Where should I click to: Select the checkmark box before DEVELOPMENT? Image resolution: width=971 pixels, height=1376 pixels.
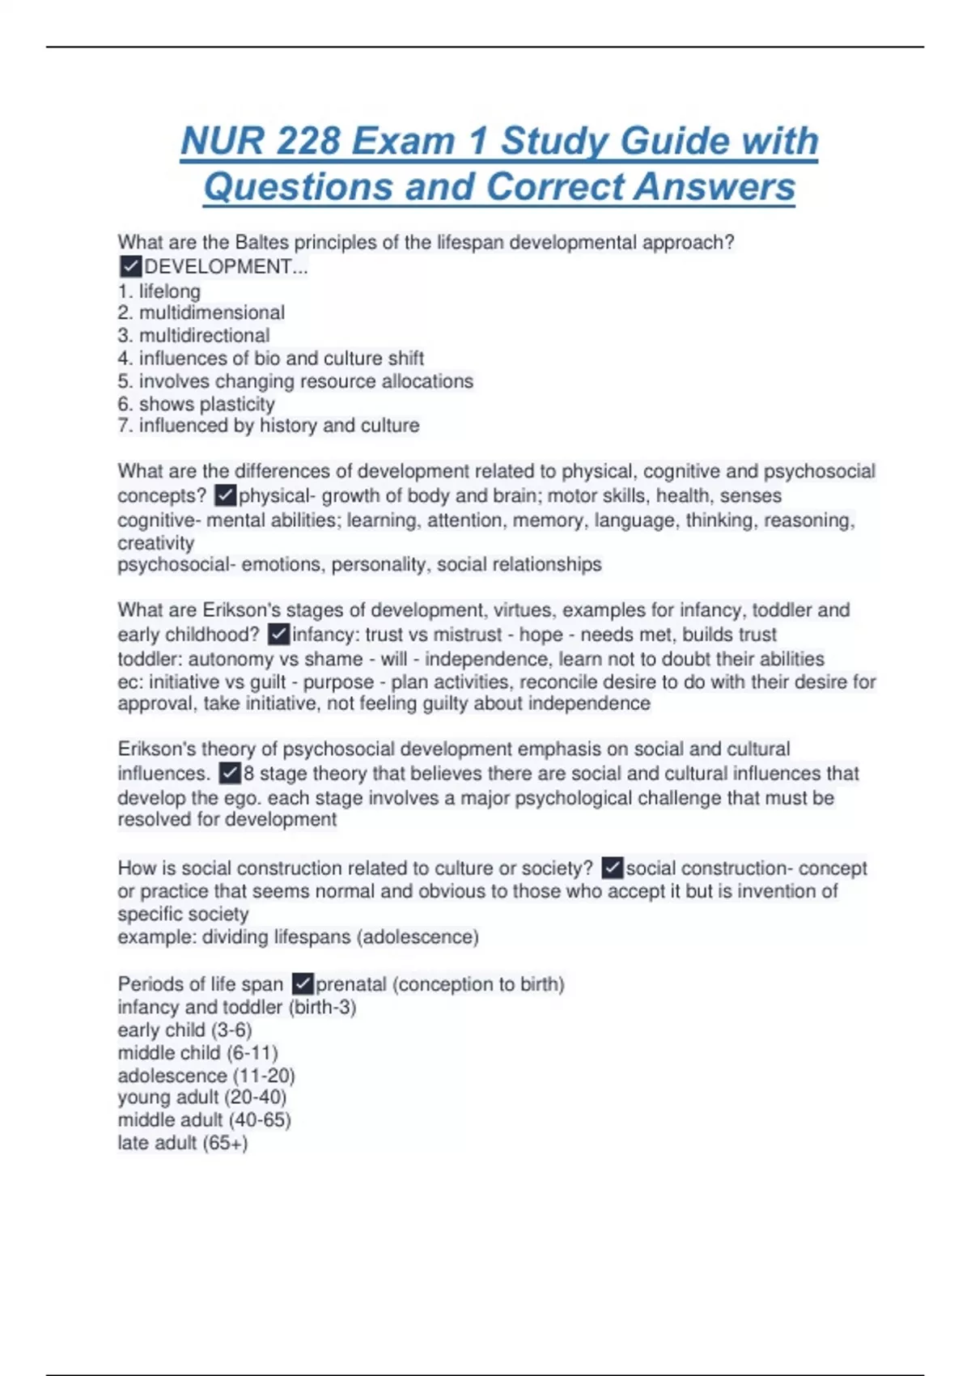click(x=129, y=266)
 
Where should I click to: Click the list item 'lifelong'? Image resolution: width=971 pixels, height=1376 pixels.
click(x=169, y=291)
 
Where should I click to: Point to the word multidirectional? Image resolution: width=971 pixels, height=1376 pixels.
click(x=204, y=335)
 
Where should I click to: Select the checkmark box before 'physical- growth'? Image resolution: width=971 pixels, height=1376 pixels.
click(x=226, y=495)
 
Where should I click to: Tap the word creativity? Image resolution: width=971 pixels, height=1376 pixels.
click(x=156, y=542)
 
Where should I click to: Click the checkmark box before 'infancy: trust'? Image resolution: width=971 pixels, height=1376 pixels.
click(x=278, y=634)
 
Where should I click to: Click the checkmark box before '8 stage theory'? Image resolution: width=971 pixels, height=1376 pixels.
click(x=230, y=773)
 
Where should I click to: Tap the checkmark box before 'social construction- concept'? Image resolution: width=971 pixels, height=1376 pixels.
click(x=613, y=868)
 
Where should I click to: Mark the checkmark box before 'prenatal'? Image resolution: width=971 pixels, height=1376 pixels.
click(x=303, y=983)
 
